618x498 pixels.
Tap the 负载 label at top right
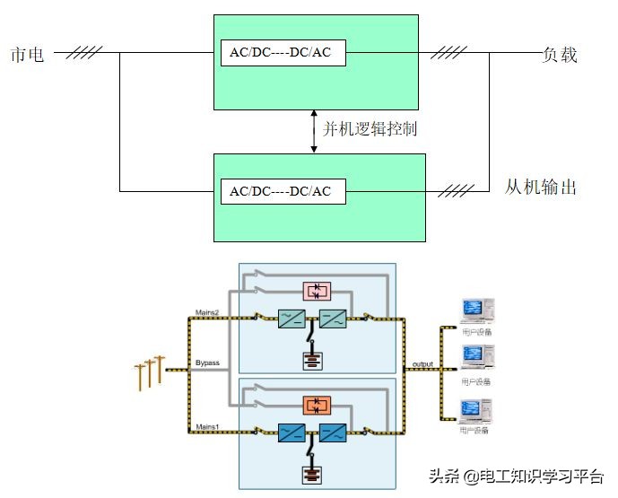(x=559, y=55)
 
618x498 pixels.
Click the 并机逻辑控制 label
(x=370, y=129)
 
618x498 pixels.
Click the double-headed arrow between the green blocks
(x=314, y=131)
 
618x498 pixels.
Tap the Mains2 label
(x=207, y=311)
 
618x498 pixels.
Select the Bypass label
(x=207, y=363)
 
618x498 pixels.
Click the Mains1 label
(x=207, y=415)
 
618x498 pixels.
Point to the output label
(x=422, y=363)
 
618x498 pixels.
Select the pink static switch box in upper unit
(x=317, y=290)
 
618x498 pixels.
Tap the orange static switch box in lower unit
(x=317, y=405)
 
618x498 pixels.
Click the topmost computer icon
(x=474, y=310)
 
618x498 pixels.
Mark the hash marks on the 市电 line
(x=84, y=53)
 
